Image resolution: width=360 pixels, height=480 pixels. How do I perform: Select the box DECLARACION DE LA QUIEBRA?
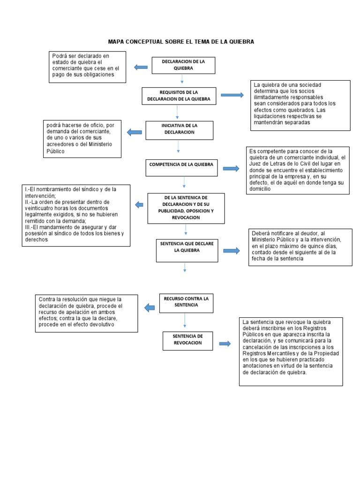(x=183, y=65)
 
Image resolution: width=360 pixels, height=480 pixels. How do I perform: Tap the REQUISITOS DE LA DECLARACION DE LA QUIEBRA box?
(x=179, y=96)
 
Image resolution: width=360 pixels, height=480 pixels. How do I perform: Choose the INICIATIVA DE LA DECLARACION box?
(x=179, y=129)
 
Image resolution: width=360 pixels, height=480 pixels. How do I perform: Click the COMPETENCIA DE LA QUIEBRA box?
(x=181, y=165)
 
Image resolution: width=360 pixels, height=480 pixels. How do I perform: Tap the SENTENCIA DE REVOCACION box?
(x=187, y=340)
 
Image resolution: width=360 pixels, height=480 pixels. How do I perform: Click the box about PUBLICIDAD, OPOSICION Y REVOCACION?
(x=186, y=208)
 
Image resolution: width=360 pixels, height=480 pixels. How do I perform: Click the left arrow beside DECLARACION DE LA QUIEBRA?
(x=141, y=67)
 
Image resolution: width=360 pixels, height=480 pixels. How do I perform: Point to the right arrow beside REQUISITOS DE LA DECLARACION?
(x=232, y=95)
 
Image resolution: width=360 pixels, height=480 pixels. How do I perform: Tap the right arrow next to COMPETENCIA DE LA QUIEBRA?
(x=231, y=168)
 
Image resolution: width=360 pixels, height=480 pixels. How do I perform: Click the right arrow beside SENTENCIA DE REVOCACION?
(x=225, y=344)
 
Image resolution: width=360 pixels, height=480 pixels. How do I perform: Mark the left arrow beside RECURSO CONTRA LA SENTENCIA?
(x=150, y=307)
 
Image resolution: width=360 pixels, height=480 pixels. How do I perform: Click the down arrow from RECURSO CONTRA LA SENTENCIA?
(x=186, y=320)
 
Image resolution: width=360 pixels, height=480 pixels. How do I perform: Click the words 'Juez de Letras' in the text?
(x=272, y=164)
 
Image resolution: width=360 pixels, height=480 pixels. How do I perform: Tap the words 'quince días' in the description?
(x=320, y=246)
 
